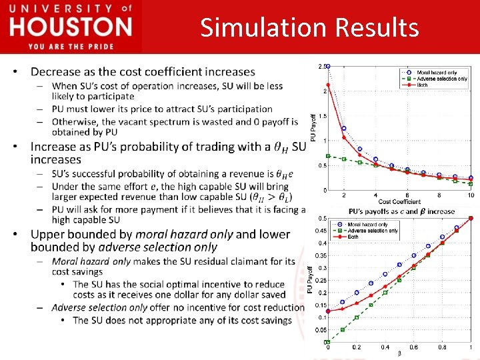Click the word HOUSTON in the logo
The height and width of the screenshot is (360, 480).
[71, 27]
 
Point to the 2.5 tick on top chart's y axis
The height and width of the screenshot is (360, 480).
[322, 66]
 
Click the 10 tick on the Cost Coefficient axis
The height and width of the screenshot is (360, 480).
[471, 195]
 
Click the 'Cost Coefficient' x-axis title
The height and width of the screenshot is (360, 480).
[399, 201]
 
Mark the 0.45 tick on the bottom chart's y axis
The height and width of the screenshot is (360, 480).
[321, 231]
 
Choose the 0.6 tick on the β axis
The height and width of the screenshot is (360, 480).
[413, 347]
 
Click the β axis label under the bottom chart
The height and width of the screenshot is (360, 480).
[399, 353]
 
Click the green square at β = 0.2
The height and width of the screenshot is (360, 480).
[357, 317]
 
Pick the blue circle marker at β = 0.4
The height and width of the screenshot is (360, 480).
[385, 274]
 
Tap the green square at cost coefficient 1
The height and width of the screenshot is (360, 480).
[328, 156]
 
